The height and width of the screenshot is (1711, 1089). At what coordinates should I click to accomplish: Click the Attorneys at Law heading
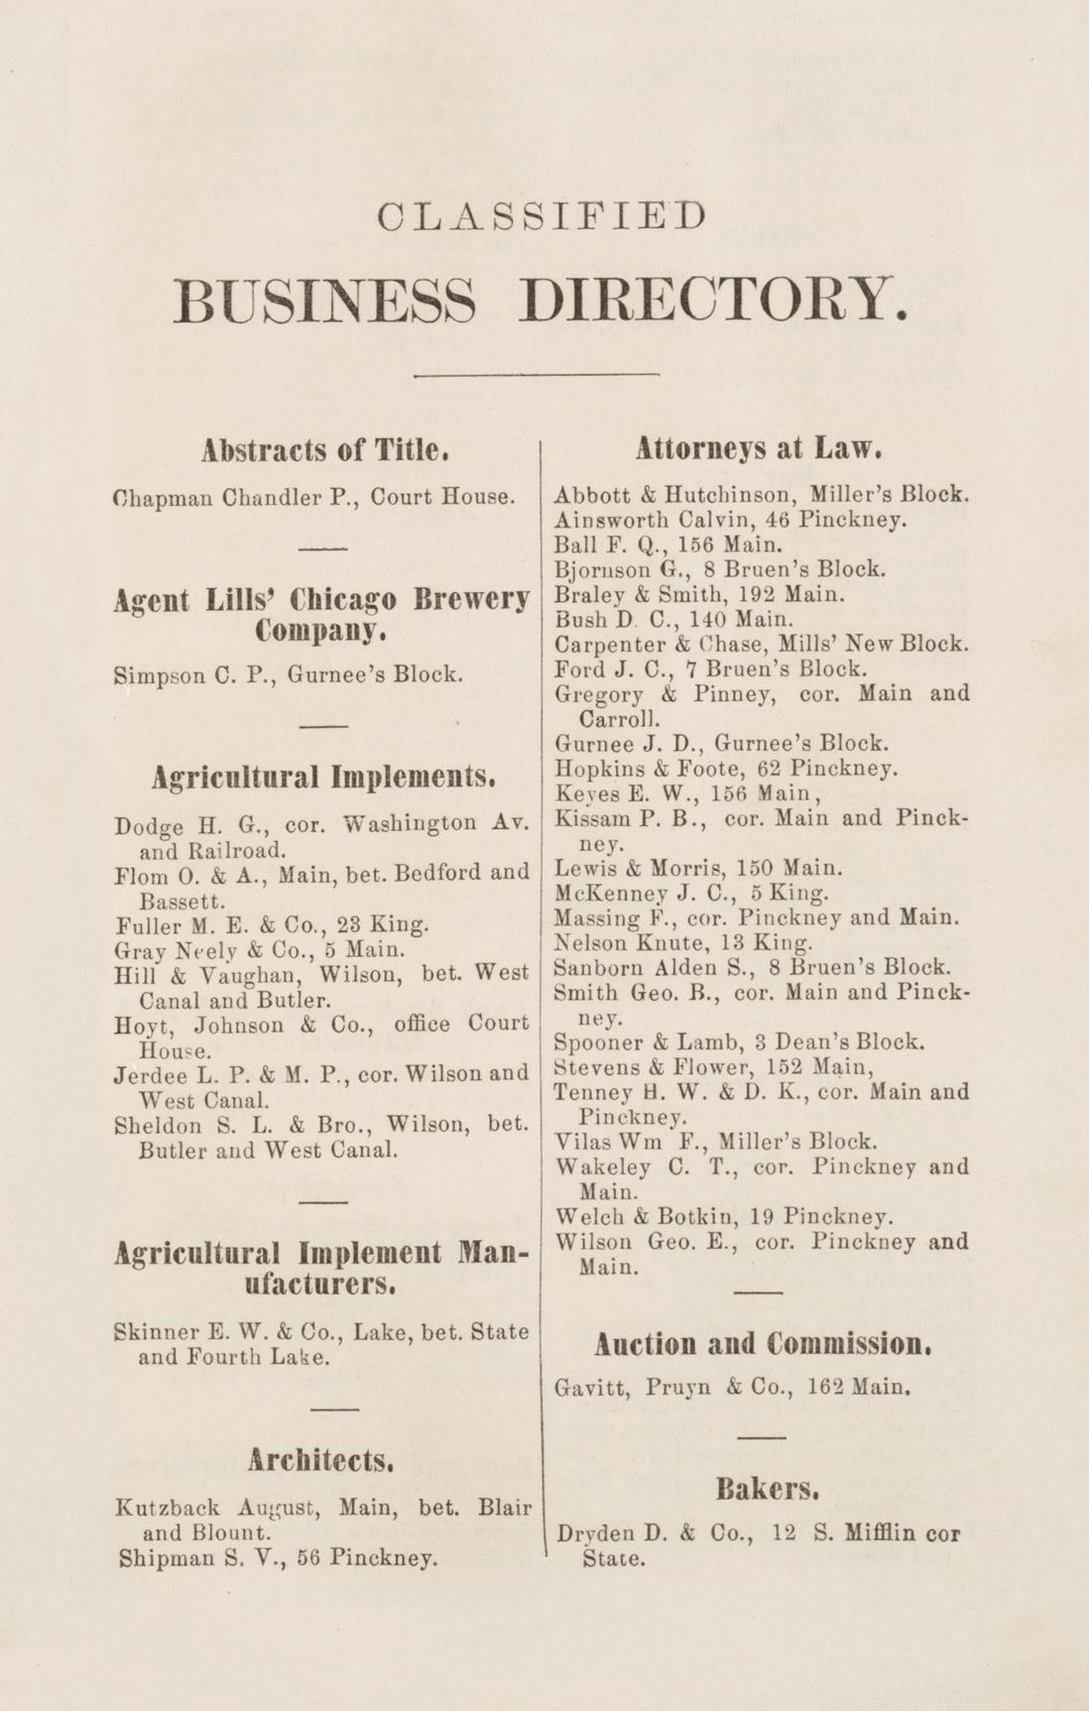point(760,448)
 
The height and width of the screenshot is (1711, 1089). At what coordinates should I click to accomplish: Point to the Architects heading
point(323,1460)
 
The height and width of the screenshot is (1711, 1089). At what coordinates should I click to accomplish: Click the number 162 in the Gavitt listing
point(824,1387)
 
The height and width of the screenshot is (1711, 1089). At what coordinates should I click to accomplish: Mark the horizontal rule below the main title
point(537,375)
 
